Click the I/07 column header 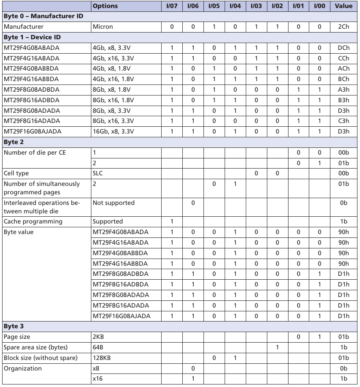tap(172, 6)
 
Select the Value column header tap(344, 6)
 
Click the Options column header tap(105, 6)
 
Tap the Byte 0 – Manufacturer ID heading tap(43, 16)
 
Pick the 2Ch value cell tap(344, 27)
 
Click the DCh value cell tap(344, 48)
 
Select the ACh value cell tap(344, 68)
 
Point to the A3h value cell tap(344, 90)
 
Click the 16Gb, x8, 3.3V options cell tap(113, 131)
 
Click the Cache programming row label tap(33, 221)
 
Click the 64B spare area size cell tap(98, 347)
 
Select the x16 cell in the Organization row tap(97, 379)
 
